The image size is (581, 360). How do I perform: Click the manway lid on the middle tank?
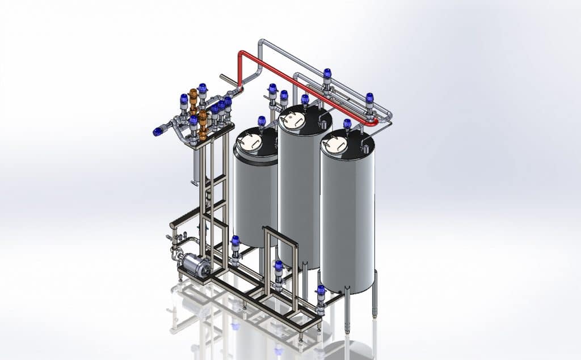pyautogui.click(x=294, y=119)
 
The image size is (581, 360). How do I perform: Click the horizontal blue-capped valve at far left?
pyautogui.click(x=158, y=132)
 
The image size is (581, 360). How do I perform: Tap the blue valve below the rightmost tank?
pyautogui.click(x=321, y=294)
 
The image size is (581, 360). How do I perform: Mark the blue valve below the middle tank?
pyautogui.click(x=278, y=268)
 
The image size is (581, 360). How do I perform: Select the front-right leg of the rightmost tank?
pyautogui.click(x=374, y=295)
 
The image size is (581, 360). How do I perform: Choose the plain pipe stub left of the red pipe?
pyautogui.click(x=228, y=78)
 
